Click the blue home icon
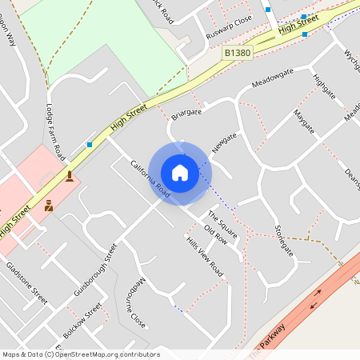(180, 173)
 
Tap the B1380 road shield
(235, 52)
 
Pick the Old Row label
(216, 232)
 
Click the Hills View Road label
(204, 257)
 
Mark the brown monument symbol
(70, 176)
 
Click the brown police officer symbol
(49, 206)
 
